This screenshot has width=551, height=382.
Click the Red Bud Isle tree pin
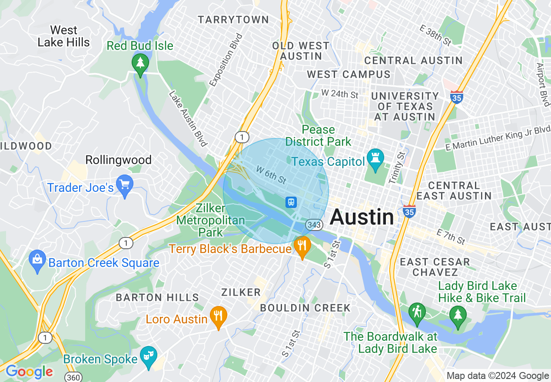pos(140,63)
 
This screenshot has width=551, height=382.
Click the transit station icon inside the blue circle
pos(291,202)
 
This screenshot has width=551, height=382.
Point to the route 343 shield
pos(313,224)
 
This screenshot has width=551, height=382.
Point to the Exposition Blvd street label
pos(226,60)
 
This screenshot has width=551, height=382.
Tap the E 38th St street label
pos(435,35)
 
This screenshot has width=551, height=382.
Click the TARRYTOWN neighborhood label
pos(233,20)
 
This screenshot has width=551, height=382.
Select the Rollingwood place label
pos(118,160)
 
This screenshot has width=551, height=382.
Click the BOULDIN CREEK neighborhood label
pos(305,308)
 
